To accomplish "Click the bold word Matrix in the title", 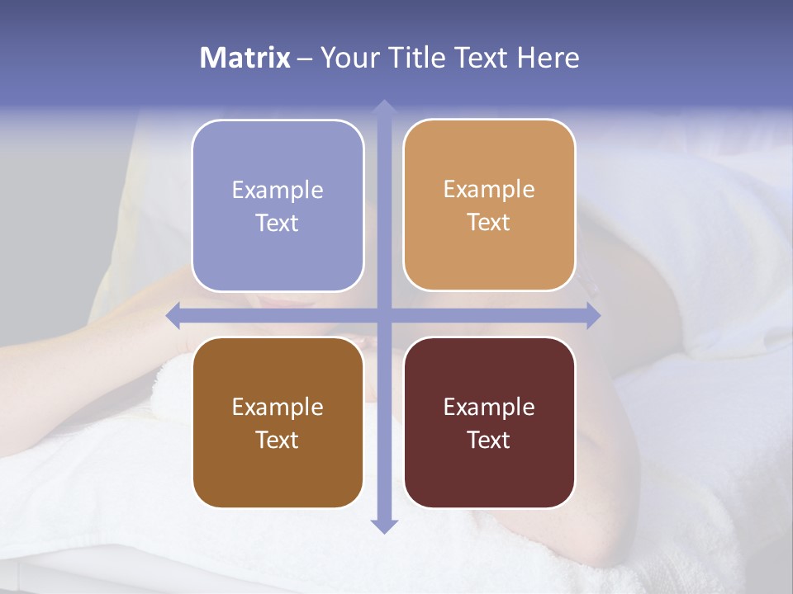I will tap(245, 58).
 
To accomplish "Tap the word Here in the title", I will tap(548, 58).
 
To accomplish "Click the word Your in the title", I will tap(348, 58).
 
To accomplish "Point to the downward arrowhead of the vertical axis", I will tap(383, 526).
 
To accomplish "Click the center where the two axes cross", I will tap(383, 315).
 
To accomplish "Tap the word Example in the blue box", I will tap(278, 191).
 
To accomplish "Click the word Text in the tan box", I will tap(489, 223).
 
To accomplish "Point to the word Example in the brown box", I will tap(278, 408).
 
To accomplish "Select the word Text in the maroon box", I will tap(489, 440).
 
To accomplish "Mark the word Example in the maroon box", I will tap(489, 408).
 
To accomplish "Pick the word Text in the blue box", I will tap(278, 224).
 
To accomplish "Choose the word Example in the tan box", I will tap(489, 190).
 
